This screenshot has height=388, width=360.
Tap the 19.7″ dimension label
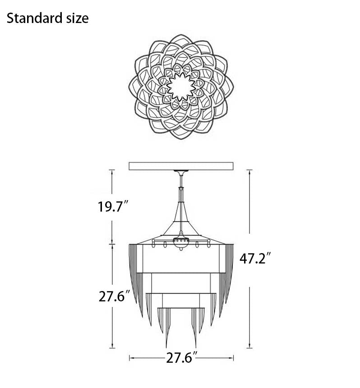point(114,207)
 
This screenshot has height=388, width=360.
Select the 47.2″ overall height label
point(255,259)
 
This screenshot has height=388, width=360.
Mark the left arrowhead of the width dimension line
point(131,358)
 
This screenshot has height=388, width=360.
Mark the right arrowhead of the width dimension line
point(234,358)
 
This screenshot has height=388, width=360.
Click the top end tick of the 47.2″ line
point(249,170)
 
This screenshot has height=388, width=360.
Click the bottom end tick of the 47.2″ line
point(249,348)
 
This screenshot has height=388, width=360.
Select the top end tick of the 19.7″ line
point(112,170)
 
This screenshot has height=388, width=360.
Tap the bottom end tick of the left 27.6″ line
point(112,348)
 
